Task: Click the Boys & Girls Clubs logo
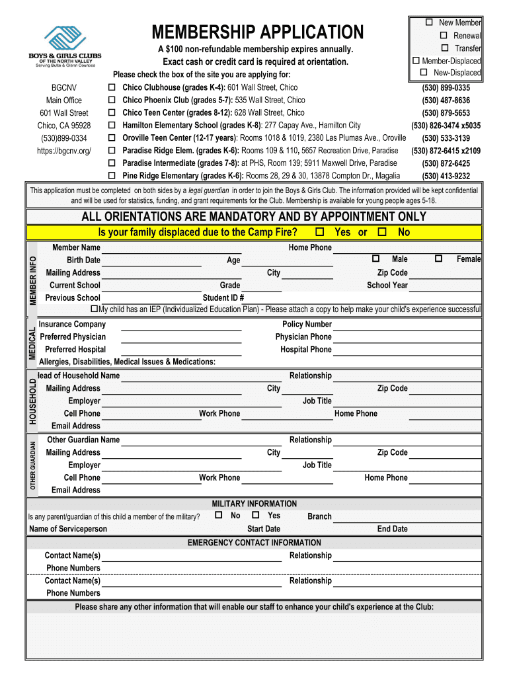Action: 65,46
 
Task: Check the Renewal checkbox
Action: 443,35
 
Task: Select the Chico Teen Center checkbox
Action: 112,113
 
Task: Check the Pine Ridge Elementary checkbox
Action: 112,176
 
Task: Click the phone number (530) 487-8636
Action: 446,100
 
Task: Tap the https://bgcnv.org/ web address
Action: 64,151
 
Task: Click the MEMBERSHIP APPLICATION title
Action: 257,32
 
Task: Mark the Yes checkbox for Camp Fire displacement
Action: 320,232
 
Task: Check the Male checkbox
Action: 376,259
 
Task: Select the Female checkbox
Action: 438,259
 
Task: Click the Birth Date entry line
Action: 152,263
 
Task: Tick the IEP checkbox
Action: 94,309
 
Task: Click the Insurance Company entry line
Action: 182,327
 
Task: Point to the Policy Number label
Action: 307,325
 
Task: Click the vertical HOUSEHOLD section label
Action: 31,401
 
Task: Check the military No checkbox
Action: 218,515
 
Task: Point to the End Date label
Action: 392,529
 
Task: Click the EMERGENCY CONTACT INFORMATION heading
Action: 255,543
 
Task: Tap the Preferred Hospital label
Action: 75,350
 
